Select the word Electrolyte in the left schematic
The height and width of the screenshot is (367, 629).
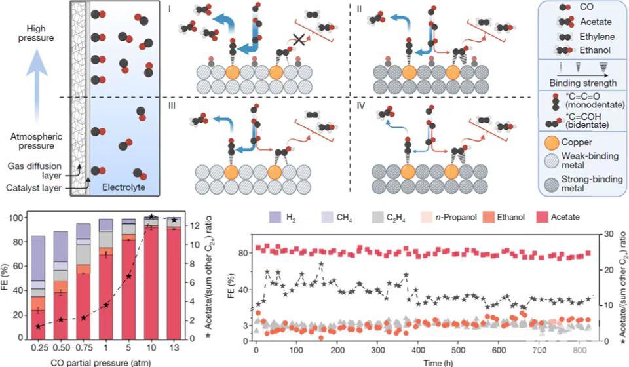click(x=123, y=188)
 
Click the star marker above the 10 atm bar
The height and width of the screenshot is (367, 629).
click(x=151, y=216)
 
